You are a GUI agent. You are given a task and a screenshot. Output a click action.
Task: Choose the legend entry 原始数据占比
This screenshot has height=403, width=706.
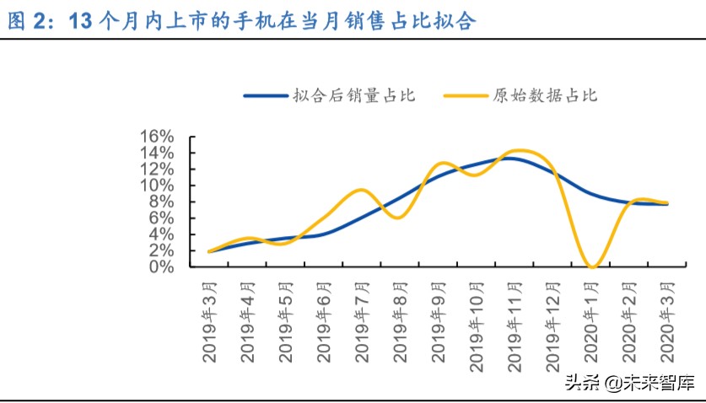click(545, 95)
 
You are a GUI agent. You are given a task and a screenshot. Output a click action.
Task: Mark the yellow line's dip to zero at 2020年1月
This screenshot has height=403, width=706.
click(592, 266)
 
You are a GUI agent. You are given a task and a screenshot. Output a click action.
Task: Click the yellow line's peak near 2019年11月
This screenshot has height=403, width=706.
click(519, 151)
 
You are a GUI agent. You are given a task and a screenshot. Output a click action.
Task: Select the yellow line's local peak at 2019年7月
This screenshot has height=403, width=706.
click(360, 190)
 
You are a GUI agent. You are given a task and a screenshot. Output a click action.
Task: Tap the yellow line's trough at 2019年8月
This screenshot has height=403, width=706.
click(400, 218)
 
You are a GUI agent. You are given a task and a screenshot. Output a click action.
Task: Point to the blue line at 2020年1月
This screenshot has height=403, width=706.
click(592, 194)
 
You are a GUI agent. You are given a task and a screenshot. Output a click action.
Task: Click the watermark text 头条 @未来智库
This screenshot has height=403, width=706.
click(628, 383)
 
